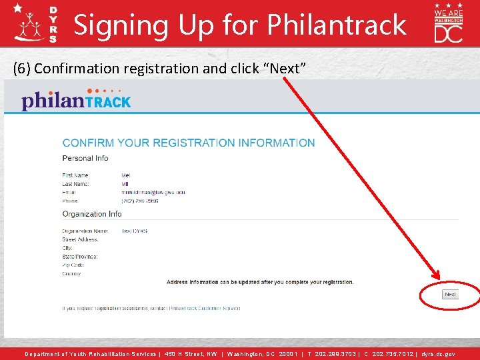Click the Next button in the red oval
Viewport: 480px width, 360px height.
451,295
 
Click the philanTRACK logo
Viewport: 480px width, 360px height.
76,100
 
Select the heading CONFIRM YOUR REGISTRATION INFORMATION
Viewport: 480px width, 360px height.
189,143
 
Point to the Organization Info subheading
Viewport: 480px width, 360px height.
92,214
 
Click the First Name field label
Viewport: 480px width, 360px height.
77,175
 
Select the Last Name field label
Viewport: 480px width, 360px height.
77,183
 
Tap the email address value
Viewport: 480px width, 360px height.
153,192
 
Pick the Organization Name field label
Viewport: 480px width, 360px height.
85,231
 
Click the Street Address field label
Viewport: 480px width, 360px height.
80,239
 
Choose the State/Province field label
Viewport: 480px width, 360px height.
80,257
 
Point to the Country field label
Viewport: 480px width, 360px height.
71,274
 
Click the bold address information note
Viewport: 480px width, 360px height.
260,282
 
